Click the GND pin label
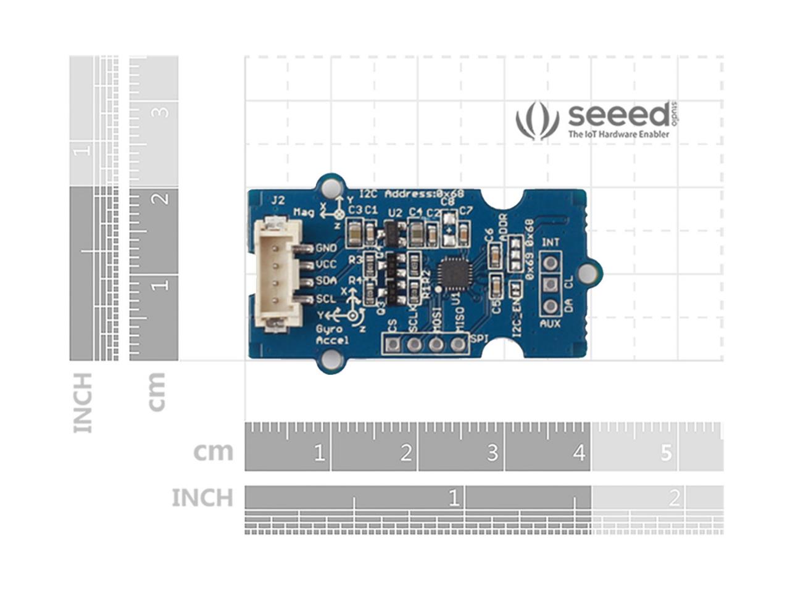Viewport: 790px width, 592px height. coord(326,248)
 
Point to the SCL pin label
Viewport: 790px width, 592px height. coord(326,299)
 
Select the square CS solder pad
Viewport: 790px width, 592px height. coord(392,344)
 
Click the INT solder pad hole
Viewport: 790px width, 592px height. coord(550,263)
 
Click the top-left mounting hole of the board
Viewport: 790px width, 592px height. coord(331,186)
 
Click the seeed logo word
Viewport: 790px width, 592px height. coord(617,115)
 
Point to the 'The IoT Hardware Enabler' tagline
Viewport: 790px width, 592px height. coord(618,134)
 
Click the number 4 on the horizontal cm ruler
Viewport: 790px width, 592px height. coord(578,453)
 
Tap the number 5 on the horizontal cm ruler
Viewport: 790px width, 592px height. coord(665,453)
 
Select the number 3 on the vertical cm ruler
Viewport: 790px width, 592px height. coord(161,112)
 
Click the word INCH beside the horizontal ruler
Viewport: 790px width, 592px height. coord(202,498)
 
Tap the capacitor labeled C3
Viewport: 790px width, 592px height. coord(355,233)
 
